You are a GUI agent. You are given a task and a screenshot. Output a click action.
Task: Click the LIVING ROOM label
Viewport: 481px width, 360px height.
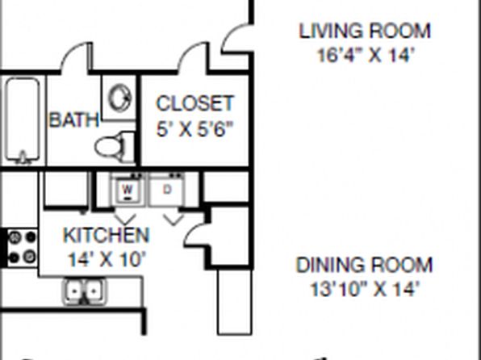pos(365,31)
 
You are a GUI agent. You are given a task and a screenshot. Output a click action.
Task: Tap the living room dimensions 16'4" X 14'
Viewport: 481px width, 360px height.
pos(366,56)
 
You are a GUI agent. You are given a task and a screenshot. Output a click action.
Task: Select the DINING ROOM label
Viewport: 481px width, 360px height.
pos(364,266)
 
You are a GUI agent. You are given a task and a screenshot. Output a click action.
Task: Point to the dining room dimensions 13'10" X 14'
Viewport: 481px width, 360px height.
pos(365,289)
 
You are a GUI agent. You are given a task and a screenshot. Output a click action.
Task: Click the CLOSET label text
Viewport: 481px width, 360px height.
pos(194,103)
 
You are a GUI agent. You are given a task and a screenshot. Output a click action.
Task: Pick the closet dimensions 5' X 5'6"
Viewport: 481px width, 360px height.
pos(194,129)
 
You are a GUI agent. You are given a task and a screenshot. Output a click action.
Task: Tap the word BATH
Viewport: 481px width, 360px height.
pos(74,119)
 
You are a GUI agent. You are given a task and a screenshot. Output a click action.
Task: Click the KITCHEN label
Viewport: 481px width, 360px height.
pos(107,236)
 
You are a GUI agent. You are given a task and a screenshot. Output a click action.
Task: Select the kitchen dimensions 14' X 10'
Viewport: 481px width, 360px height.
pos(106,260)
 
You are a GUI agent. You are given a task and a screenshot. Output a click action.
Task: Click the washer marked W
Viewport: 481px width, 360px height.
pos(128,190)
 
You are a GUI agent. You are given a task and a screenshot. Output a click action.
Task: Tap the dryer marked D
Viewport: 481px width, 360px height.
pos(166,190)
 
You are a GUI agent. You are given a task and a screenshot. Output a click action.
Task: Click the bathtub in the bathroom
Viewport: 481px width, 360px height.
pos(23,120)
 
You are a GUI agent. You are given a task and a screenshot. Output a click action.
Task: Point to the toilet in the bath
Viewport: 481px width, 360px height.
pos(115,147)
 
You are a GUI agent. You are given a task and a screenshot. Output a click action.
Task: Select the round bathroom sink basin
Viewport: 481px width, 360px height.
pos(119,98)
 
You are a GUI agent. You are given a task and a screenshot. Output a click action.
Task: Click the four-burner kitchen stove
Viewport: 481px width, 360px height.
pos(23,247)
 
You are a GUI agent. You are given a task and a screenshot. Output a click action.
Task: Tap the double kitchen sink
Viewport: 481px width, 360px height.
pos(85,291)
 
